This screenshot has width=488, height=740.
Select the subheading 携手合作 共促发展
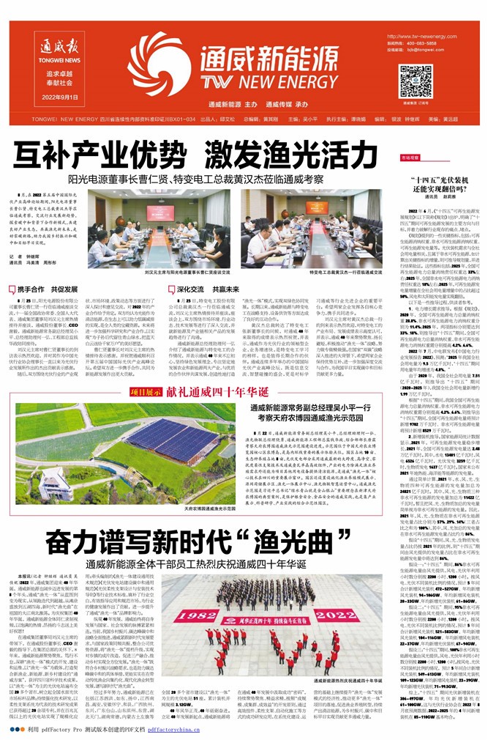coord(43,289)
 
